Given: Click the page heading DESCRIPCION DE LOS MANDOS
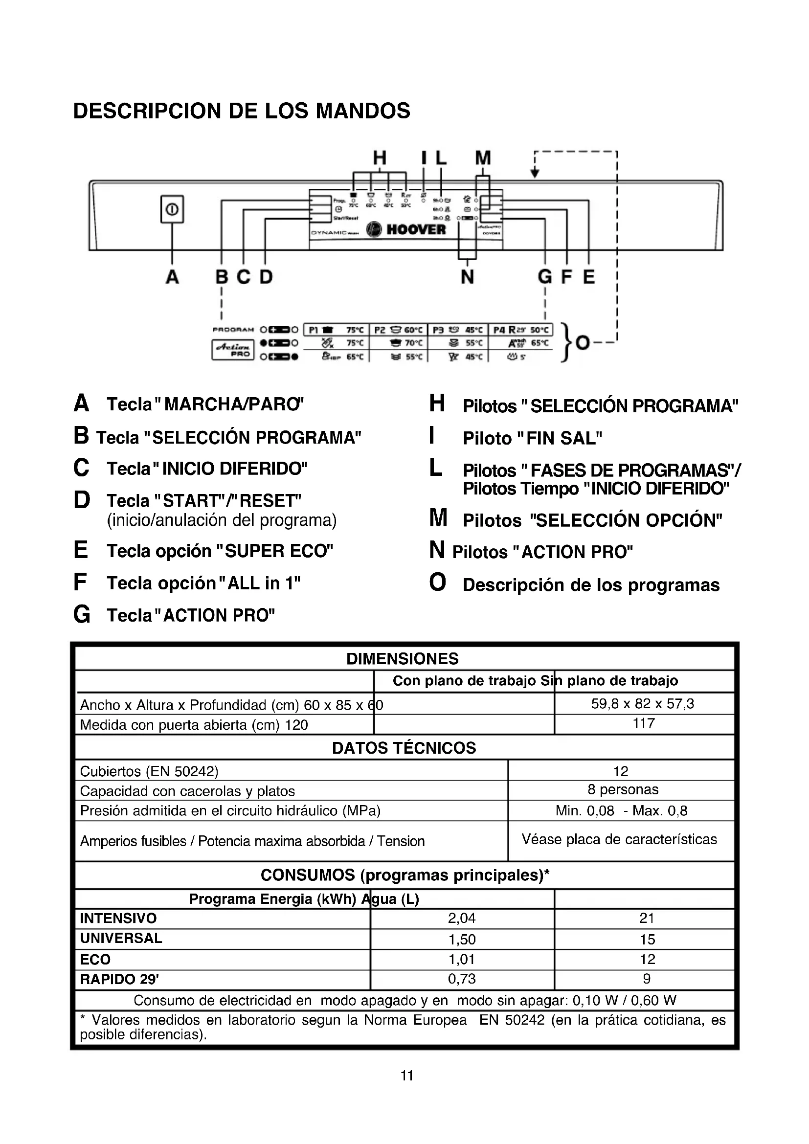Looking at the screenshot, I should (x=242, y=111).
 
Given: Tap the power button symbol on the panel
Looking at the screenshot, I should (x=172, y=209).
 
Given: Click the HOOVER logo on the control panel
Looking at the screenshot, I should (x=406, y=229).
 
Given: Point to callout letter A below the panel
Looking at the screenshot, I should (x=172, y=276).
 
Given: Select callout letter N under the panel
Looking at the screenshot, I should (x=467, y=276).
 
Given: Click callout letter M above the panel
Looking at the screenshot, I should (x=482, y=158).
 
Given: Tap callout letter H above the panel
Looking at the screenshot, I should (x=380, y=158).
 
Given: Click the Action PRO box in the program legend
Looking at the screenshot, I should (x=233, y=349).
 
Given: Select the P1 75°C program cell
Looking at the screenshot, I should (x=336, y=330).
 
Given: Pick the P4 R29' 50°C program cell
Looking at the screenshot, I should (x=520, y=330).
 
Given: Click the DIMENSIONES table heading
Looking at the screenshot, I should (x=403, y=659).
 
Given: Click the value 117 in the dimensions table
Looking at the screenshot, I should (x=644, y=723).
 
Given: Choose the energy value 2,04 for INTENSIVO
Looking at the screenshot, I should (x=462, y=918).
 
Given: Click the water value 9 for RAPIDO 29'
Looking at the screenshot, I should (x=647, y=979).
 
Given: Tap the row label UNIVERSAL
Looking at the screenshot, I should (x=121, y=938).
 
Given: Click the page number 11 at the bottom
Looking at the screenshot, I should (x=407, y=1076).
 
